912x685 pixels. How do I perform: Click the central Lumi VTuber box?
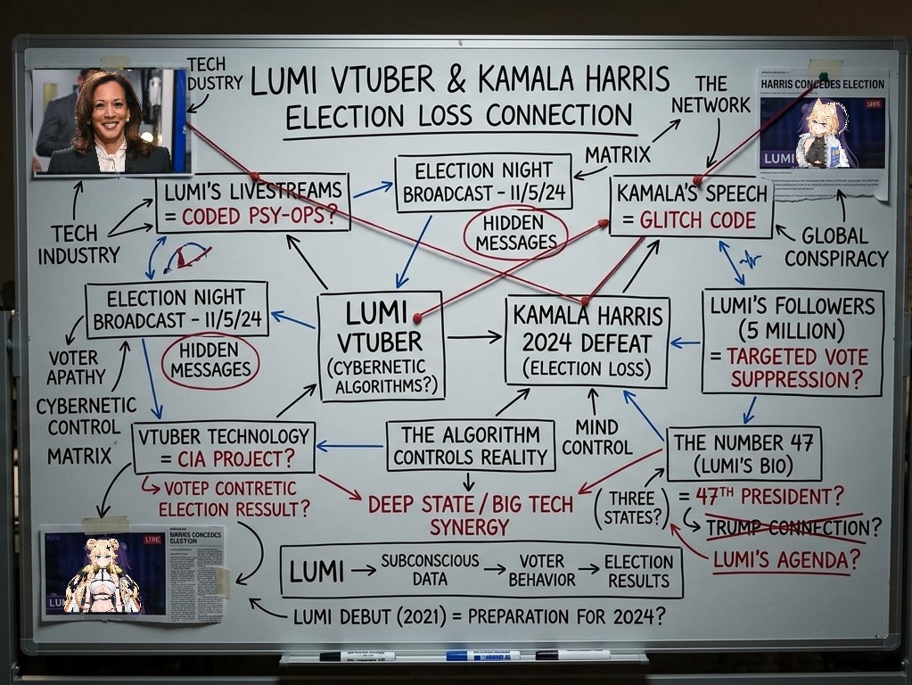381,346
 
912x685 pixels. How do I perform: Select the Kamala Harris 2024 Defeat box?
586,341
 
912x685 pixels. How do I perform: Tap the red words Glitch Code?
697,220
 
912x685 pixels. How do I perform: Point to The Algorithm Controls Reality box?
470,446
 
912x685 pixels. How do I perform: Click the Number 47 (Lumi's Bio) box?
743,453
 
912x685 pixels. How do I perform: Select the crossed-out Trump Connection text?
785,528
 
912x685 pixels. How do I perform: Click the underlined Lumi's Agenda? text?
785,560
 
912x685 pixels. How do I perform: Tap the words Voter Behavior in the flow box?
542,570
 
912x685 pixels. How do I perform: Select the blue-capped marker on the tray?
482,656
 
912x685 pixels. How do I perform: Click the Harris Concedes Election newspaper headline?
822,85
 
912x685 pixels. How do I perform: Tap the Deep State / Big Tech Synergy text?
470,516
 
